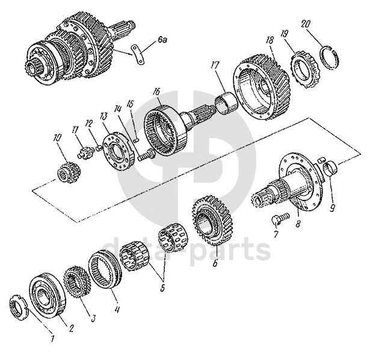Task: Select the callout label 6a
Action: coord(162,41)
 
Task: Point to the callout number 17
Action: coord(215,66)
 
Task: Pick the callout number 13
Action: coord(103,117)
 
